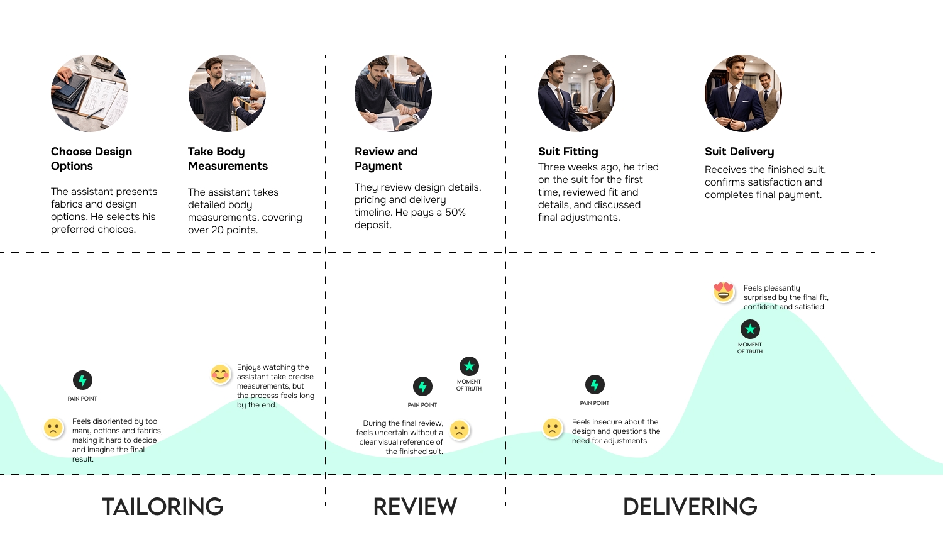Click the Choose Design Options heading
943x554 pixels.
point(91,158)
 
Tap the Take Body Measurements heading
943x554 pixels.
point(228,158)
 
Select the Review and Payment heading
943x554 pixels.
point(386,158)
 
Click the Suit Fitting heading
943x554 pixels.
point(568,152)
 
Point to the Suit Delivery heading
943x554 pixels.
point(739,152)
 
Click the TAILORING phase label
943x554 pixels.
point(163,507)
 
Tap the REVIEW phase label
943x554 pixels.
point(415,507)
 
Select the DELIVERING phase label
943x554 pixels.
point(690,507)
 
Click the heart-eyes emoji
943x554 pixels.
point(724,292)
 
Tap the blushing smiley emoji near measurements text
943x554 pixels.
point(221,375)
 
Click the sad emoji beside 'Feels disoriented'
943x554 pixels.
point(53,428)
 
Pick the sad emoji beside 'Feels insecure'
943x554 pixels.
point(552,428)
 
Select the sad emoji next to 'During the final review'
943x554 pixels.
point(460,430)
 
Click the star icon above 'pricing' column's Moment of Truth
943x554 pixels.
point(469,366)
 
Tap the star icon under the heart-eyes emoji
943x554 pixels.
point(750,329)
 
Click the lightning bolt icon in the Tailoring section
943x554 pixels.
point(82,380)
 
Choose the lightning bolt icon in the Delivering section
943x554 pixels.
point(595,384)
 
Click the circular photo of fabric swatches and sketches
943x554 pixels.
point(89,93)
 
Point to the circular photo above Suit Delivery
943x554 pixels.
point(743,93)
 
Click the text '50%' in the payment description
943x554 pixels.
point(455,213)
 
